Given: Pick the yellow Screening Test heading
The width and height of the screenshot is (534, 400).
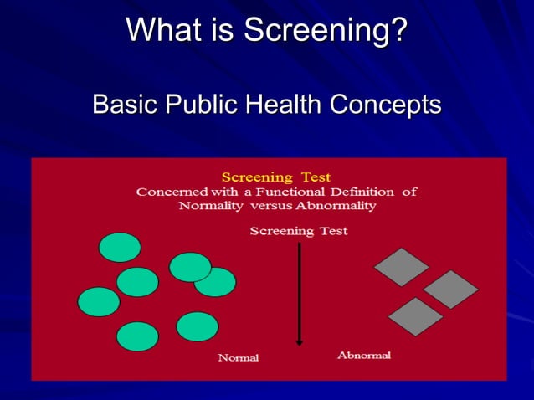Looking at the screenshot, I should (x=275, y=177).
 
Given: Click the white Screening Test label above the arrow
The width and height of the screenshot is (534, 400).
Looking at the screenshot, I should (x=298, y=230).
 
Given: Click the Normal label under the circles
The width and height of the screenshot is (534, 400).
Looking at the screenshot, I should (x=239, y=357).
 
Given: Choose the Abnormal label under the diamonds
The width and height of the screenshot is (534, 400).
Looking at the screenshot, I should (x=364, y=356).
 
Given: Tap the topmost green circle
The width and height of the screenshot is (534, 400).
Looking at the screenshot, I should (x=120, y=247).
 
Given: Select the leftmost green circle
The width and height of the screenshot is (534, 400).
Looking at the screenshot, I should (x=99, y=301).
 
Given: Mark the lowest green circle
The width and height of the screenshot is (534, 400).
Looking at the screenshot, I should (x=137, y=336).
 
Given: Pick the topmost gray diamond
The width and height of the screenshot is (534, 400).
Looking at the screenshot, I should (x=401, y=267).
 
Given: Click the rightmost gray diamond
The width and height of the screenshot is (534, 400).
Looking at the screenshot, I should (x=451, y=290).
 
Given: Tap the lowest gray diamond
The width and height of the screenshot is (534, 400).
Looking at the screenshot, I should (x=415, y=316).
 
